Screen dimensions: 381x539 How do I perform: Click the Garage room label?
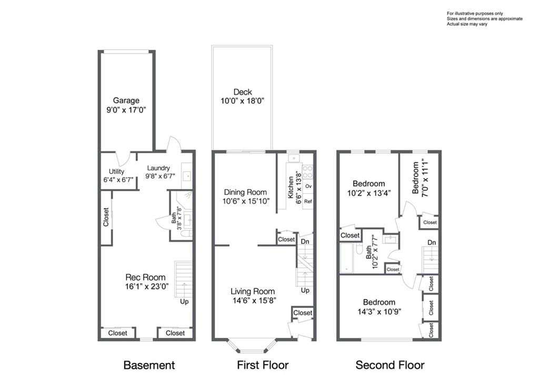point(126,100)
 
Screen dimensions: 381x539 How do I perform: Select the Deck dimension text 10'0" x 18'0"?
point(243,102)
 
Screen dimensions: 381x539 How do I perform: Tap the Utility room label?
point(116,172)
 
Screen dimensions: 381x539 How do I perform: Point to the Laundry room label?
point(158,168)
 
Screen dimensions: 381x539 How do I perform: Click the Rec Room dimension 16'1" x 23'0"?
point(145,287)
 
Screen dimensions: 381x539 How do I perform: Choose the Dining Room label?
point(245,192)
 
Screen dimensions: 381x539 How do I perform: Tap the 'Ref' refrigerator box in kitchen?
point(308,201)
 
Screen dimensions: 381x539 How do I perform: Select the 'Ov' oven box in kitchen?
point(308,187)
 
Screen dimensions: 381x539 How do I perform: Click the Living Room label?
point(253,291)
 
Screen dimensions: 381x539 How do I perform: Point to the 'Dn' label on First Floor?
point(305,241)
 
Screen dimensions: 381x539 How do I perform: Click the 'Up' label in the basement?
point(184,301)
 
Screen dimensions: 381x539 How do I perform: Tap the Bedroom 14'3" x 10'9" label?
point(378,302)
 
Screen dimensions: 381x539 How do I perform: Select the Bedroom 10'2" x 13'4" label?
point(368,183)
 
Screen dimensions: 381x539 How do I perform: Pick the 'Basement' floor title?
point(149,365)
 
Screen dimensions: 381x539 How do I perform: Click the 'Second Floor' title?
point(390,365)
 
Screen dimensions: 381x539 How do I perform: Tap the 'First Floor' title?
point(263,365)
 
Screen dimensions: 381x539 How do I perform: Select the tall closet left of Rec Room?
point(106,217)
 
